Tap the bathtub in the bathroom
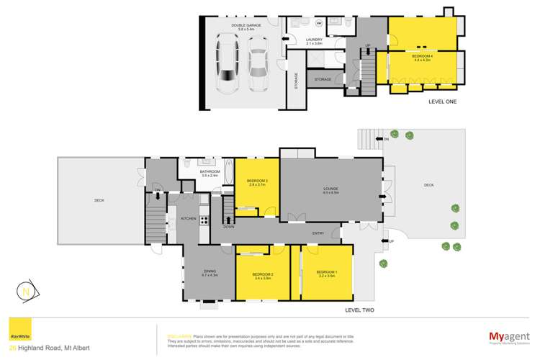(228, 177)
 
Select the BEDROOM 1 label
(328, 274)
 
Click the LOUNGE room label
(330, 190)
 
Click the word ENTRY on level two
(318, 233)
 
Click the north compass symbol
(27, 292)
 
